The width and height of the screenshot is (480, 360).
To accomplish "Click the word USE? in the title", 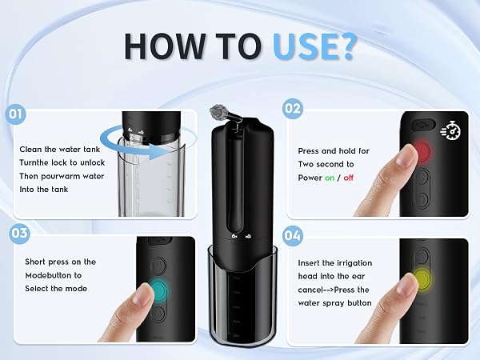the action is tap(314, 46).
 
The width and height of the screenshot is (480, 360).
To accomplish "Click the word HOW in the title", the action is tap(166, 46).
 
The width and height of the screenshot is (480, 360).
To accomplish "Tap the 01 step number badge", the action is tap(15, 114).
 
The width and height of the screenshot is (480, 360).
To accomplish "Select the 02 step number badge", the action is tap(293, 108).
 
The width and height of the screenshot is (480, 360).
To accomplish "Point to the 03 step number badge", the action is tap(19, 234).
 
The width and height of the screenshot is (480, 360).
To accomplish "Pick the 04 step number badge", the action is tap(292, 236).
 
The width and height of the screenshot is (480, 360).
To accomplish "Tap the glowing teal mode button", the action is tap(160, 289).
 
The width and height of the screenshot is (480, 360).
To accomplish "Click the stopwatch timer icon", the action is tap(450, 130).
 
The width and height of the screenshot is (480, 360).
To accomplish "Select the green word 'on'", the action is tap(330, 178).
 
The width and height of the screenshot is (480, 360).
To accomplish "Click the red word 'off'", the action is tap(348, 178).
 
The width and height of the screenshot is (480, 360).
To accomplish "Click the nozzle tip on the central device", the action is tap(218, 112).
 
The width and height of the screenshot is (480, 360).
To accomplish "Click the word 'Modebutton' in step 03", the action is tap(54, 275).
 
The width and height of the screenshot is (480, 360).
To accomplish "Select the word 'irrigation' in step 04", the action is tap(354, 263).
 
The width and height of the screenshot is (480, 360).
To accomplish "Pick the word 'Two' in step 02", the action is tap(306, 164).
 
